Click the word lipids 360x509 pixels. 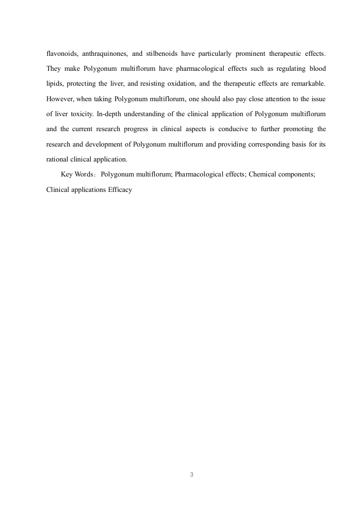tap(54, 84)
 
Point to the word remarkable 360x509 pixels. tap(309, 84)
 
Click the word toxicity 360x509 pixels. tap(81, 114)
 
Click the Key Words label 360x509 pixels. tap(76, 175)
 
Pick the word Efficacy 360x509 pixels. tap(120, 190)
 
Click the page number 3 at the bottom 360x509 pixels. tap(192, 475)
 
